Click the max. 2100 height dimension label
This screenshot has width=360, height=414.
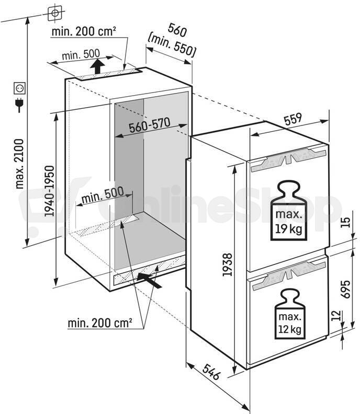pos(20,164)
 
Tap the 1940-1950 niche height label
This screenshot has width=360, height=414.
pos(49,191)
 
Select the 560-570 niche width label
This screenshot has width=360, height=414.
pos(150,125)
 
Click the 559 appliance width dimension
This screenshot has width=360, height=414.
pos(293,119)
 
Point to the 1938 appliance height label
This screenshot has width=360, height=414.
pos(227,264)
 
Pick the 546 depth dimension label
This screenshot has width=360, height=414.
pos(211,372)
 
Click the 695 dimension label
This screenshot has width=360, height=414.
pos(345,289)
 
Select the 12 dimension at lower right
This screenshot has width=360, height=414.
pos(336,315)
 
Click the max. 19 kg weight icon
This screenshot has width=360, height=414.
pos(289,211)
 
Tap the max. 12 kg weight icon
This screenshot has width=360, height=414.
pos(290,314)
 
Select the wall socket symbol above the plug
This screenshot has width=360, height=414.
pos(20,88)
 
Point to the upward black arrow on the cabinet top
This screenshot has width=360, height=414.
pos(97,66)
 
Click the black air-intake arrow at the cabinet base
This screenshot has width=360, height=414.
pos(149,280)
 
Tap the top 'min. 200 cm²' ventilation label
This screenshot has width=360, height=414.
pos(84,31)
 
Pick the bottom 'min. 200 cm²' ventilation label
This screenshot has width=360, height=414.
pos(100,323)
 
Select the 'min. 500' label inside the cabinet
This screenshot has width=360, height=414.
pos(103,195)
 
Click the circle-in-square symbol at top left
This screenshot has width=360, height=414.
pos(55,13)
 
